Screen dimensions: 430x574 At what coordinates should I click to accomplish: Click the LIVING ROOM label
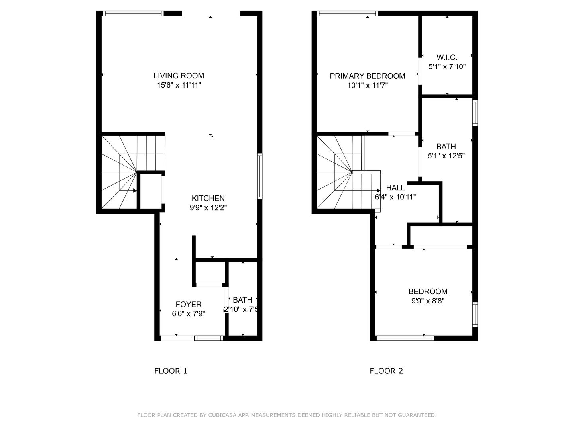179,76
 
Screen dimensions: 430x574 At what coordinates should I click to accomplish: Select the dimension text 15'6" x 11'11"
179,85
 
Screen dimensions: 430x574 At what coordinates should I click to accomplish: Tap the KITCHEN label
208,198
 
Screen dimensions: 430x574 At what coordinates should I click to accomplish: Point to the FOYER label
189,305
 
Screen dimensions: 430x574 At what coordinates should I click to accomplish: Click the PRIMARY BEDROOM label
367,76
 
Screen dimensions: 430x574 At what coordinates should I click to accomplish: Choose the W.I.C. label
446,57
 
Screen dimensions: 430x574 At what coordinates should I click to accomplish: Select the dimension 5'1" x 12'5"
446,156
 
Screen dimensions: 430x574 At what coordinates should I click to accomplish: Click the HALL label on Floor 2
395,188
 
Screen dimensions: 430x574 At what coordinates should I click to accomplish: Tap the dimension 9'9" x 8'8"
428,301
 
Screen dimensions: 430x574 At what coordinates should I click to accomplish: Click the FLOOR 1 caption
171,371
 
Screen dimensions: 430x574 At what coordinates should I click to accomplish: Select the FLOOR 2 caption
386,371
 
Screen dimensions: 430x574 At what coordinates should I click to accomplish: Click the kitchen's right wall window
260,176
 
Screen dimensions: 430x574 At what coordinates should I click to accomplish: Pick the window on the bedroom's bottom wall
405,338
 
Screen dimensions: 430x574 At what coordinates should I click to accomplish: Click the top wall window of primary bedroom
346,14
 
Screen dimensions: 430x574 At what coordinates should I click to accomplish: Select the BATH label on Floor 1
242,300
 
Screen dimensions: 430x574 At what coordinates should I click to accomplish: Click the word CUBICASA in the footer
223,415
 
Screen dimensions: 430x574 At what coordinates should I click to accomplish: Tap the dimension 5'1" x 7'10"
447,67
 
